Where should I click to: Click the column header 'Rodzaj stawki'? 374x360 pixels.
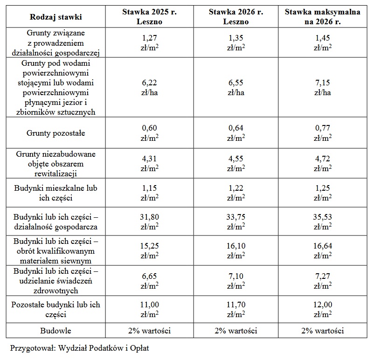click(55, 17)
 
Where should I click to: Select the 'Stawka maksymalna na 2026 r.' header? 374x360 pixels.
click(323, 17)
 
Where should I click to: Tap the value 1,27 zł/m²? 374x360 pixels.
click(150, 43)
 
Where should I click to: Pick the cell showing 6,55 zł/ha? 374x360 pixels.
click(236, 88)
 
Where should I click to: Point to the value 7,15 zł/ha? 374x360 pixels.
click(323, 88)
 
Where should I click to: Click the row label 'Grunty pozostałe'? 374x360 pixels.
click(55, 133)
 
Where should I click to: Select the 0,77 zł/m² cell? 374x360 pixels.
click(323, 133)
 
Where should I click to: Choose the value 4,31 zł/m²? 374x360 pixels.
click(150, 163)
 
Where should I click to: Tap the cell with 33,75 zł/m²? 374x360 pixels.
click(236, 222)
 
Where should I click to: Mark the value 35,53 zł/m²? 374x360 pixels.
click(323, 222)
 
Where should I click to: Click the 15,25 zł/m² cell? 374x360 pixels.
click(150, 251)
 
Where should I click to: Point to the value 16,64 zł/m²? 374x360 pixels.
click(323, 251)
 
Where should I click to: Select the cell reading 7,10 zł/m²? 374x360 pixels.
click(236, 281)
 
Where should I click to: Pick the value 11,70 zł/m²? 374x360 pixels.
click(236, 310)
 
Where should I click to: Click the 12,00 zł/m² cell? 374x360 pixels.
click(323, 310)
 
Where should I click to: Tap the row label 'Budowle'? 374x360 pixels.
click(55, 331)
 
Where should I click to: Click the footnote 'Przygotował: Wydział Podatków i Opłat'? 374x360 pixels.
click(79, 348)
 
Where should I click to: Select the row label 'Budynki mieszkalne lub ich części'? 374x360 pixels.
click(55, 193)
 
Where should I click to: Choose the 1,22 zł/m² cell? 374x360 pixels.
click(236, 193)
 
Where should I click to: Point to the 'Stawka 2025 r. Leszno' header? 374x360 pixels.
click(150, 17)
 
